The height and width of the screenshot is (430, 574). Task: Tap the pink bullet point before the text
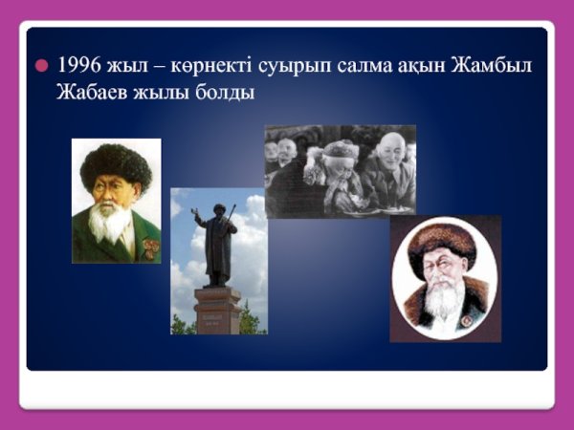pos(40,67)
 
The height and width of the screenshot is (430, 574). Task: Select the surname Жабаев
pos(91,95)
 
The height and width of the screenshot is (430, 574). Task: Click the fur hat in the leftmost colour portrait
pos(115,164)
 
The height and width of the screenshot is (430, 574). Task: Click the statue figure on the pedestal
pos(216,244)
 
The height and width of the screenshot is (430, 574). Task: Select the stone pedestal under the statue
pos(218,311)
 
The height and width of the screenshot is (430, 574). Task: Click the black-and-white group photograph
pos(340,172)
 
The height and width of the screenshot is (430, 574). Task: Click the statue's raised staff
pos(231,211)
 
